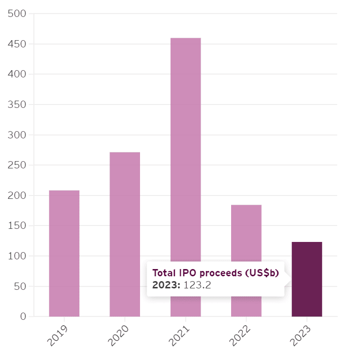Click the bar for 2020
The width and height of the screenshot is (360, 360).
pos(125,234)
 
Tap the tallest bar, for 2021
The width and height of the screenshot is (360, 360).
pos(186,145)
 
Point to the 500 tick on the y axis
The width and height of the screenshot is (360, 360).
pos(17,14)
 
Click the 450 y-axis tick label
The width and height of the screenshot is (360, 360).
pos(17,44)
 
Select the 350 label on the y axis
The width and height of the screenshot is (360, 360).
pos(17,105)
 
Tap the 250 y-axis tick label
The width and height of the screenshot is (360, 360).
pos(17,165)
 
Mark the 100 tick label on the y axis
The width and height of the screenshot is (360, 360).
pos(17,256)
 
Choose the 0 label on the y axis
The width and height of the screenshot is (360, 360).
pos(23,316)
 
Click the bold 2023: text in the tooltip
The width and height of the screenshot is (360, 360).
pos(166,285)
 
